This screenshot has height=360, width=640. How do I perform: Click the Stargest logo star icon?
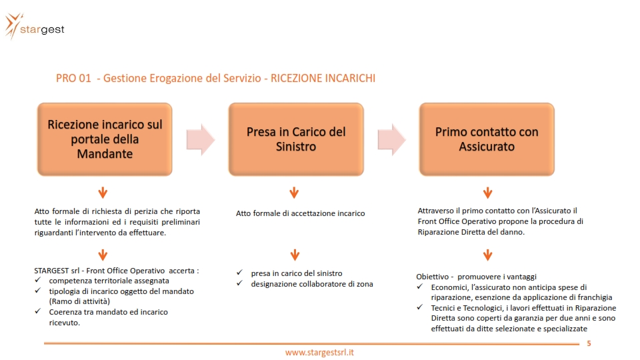(12, 26)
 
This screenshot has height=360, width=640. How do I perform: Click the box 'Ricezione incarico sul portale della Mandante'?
(105, 139)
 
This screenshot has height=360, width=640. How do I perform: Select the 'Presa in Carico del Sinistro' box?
(296, 139)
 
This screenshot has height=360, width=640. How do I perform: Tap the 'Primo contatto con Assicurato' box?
(487, 139)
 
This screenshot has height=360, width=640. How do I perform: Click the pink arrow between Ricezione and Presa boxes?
(201, 139)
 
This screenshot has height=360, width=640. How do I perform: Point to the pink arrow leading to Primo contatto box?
(391, 139)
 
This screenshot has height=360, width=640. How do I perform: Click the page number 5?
(589, 343)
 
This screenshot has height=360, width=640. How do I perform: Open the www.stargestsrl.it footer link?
(319, 352)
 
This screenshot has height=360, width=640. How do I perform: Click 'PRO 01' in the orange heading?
(73, 78)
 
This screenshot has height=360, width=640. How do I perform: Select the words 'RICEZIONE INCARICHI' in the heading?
(323, 78)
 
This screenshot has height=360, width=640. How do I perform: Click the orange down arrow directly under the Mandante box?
(103, 193)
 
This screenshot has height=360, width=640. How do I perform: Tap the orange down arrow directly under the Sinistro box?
(294, 193)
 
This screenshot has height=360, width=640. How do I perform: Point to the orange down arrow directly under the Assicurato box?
(488, 193)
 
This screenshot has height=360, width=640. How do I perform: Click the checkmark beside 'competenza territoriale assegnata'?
(38, 279)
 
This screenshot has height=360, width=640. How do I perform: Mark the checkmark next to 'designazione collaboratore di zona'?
(239, 283)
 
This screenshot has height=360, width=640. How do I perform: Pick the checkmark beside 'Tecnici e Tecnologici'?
(419, 307)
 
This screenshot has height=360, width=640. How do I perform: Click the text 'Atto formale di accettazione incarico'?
(301, 213)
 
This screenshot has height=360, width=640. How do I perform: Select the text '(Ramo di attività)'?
(79, 301)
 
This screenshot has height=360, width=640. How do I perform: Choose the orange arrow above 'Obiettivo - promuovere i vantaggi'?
(488, 255)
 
